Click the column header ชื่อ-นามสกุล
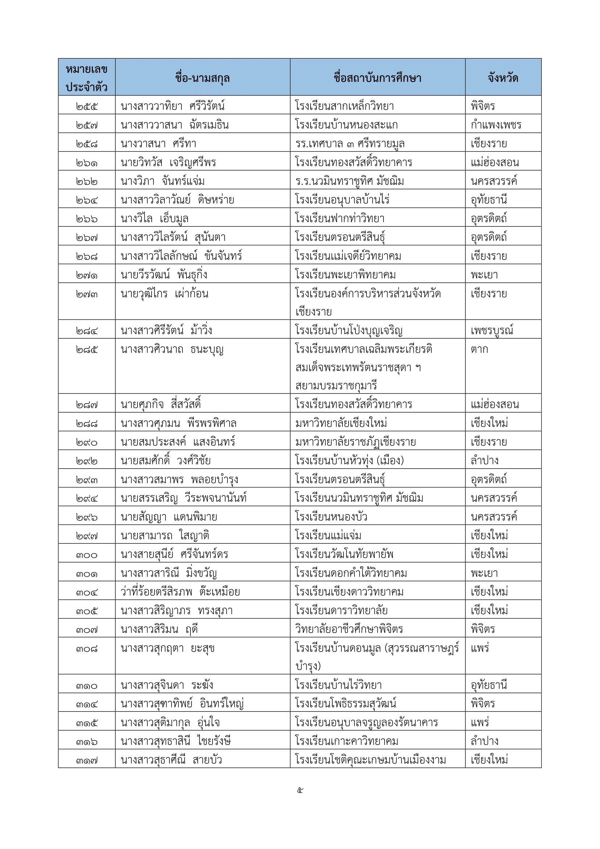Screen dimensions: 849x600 coord(202,78)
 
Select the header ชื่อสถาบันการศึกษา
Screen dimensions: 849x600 coord(377,78)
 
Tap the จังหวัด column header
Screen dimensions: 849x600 coord(503,78)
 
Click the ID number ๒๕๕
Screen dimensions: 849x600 coord(87,106)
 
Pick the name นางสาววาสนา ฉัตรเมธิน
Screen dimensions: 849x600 coord(175,125)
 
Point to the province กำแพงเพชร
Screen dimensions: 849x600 coord(496,125)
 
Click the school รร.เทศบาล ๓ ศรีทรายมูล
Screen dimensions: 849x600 coord(349,143)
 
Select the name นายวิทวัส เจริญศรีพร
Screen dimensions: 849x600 coord(168,162)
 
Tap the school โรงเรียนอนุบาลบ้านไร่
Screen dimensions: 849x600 coord(342,200)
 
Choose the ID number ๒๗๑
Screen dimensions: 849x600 coord(87,275)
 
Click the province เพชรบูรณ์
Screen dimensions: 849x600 coord(492,330)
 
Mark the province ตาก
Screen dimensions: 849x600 coord(479,349)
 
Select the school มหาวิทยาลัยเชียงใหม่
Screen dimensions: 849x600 coord(341,423)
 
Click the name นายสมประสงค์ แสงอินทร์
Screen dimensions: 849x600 coord(178,441)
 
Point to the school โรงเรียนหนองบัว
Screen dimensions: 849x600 coord(331,516)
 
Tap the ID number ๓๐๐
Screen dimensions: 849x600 coord(87,555)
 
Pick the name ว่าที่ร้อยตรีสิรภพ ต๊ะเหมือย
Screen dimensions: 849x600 coord(180,592)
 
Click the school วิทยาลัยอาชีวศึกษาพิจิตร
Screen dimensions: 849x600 coord(349,629)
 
